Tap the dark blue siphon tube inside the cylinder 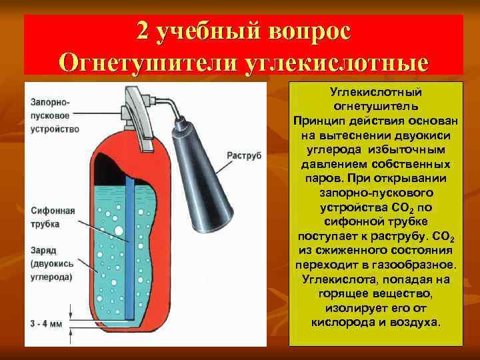pos(131,247)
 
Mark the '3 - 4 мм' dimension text pos(47,323)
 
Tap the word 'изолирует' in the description pos(351,309)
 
